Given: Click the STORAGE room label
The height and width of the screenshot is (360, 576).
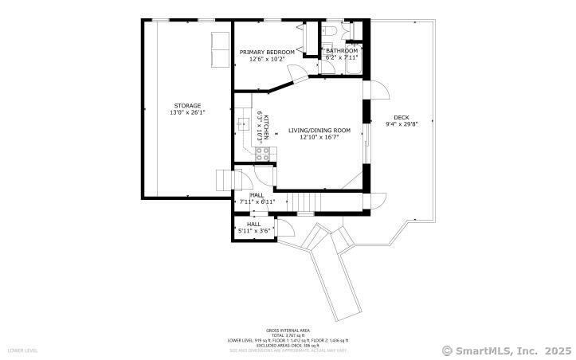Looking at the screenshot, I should [x=187, y=105].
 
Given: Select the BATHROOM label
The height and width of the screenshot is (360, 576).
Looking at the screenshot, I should [x=342, y=51].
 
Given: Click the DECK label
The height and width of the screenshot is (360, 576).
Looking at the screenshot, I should [x=401, y=117].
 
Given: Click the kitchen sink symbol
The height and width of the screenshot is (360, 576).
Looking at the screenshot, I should [x=244, y=124].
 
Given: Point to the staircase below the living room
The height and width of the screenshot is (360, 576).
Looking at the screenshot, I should [x=303, y=203].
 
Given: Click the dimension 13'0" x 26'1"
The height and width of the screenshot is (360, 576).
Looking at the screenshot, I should [x=187, y=112].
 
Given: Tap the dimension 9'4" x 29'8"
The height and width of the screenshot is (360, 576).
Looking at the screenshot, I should [x=402, y=123].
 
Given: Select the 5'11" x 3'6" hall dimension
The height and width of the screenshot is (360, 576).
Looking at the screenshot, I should [x=255, y=231].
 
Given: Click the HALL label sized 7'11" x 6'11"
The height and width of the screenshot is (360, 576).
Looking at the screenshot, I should [x=257, y=195].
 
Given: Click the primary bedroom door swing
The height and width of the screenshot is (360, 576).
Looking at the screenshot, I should [x=296, y=74].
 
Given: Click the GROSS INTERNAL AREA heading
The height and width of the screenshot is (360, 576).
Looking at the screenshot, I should [x=288, y=330].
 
